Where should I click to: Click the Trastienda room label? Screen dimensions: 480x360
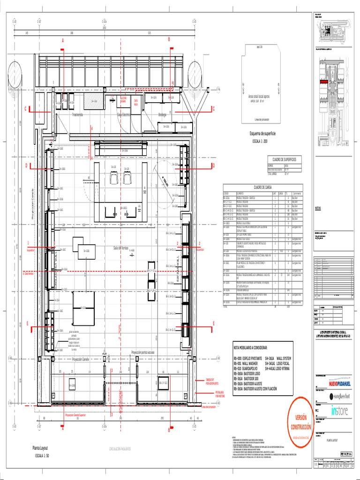click(77, 114)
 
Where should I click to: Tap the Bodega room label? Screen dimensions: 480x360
click(162, 114)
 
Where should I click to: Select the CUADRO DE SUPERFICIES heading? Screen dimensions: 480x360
click(282, 160)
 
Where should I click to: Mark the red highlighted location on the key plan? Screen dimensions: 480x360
click(324, 81)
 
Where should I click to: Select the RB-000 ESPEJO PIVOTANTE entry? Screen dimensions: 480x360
click(247, 358)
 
